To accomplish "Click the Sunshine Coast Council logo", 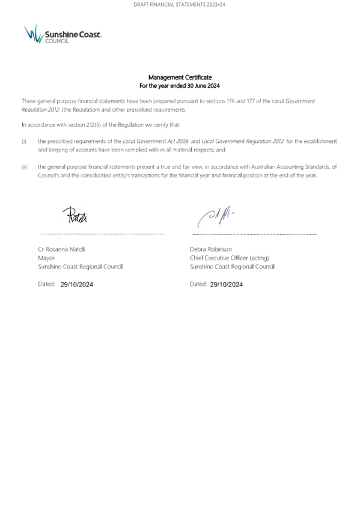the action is tap(63, 34).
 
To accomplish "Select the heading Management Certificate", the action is tap(180, 77).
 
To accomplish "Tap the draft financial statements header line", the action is tap(180, 5).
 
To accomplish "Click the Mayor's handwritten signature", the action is tap(75, 214).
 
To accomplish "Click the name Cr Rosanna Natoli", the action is tap(62, 249).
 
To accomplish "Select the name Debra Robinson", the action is tap(211, 249).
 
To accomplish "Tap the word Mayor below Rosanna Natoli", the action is tap(46, 258).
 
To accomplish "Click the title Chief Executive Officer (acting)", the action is tap(230, 258).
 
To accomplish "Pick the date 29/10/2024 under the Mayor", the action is tap(76, 284).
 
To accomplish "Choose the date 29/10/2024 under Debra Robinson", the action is tap(227, 284).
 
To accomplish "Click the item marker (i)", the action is tap(24, 142).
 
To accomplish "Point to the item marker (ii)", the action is tap(24, 167).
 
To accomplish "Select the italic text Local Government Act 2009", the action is tap(156, 141).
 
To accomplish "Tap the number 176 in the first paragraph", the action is tap(231, 101).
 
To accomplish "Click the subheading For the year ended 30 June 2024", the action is tap(180, 85).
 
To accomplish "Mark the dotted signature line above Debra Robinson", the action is tap(254, 234).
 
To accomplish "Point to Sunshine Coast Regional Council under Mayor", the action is tap(81, 266).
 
